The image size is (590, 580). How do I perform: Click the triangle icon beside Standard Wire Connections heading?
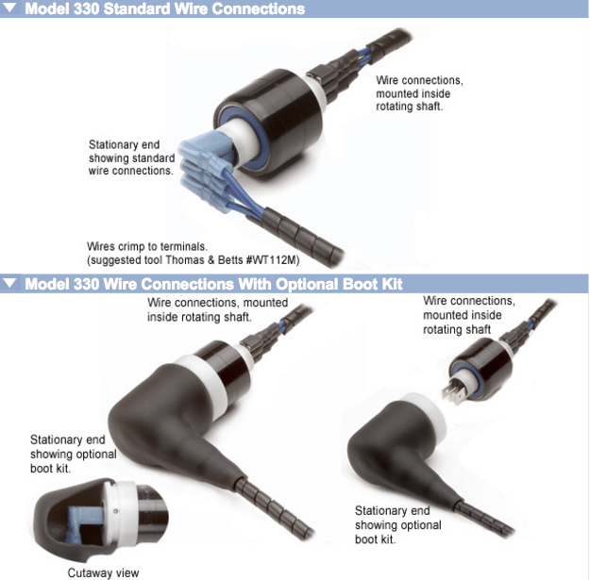point(9,8)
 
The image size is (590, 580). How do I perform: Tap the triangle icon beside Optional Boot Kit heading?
point(9,283)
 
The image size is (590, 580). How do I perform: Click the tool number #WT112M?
point(273,259)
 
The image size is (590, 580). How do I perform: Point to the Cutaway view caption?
point(103,572)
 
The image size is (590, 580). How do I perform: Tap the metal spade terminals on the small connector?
point(455,394)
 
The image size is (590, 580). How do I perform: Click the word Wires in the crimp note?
point(100,246)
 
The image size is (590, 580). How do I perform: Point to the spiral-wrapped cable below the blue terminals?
point(301,236)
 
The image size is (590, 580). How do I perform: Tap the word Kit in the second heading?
point(392,284)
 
